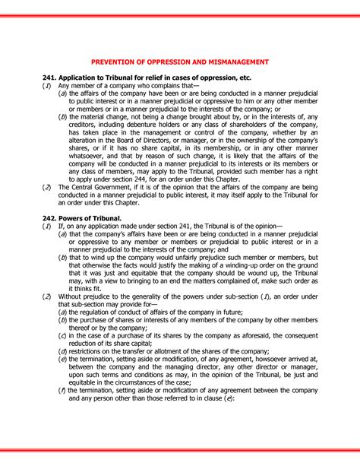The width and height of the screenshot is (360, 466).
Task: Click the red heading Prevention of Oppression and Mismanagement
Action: [179, 61]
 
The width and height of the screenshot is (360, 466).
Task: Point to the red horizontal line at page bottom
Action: [179, 449]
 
